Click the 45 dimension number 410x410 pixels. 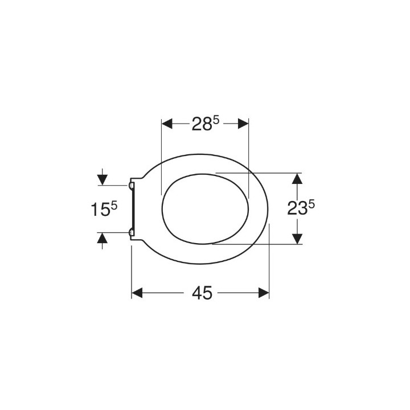pos(202,293)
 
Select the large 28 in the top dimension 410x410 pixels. pos(202,124)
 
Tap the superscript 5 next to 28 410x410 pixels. pos(216,121)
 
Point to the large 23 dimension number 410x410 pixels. pos(297,208)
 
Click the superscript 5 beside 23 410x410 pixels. pos(311,204)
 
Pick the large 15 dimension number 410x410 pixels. pos(100,210)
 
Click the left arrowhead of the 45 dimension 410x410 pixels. pos(137,293)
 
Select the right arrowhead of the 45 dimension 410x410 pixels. pos(264,293)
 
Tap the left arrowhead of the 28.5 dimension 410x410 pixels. pos(167,124)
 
